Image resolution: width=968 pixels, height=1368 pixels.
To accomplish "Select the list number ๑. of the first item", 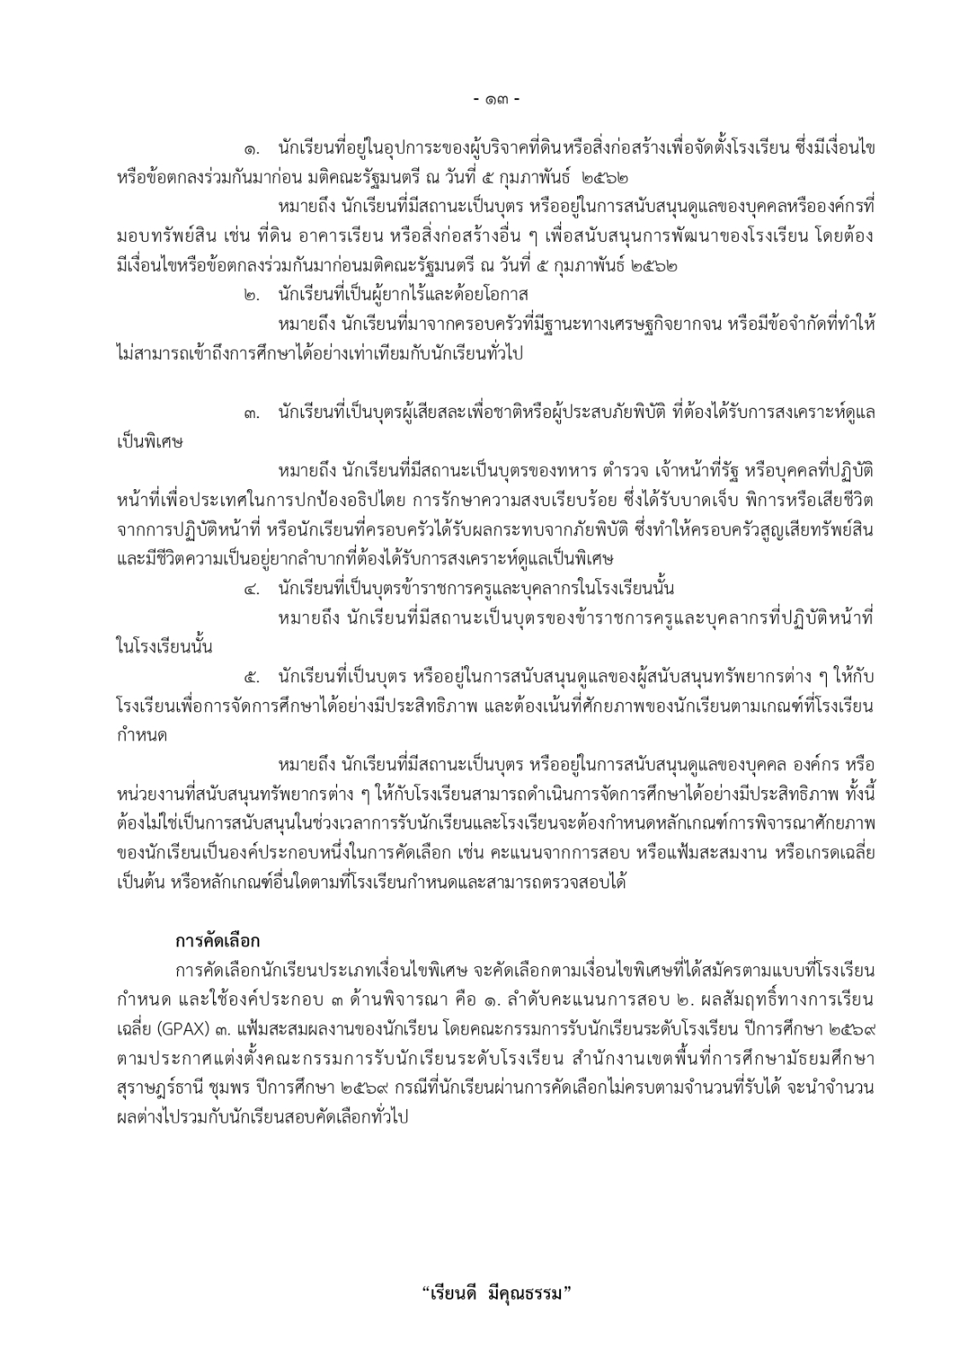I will pyautogui.click(x=252, y=148).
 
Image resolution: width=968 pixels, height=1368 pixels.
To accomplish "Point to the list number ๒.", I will pyautogui.click(x=252, y=295).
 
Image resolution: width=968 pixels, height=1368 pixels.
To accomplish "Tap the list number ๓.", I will pyautogui.click(x=252, y=414).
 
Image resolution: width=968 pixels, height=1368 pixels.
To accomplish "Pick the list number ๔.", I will pyautogui.click(x=252, y=589).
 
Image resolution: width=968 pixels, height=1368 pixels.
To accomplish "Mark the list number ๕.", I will pyautogui.click(x=252, y=677).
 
